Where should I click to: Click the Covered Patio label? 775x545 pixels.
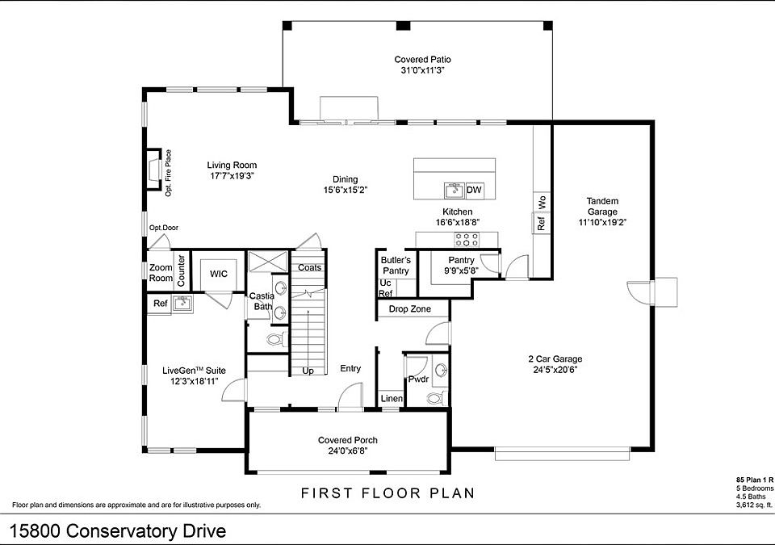click(x=422, y=60)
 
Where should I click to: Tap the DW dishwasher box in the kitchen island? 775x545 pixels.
click(x=474, y=190)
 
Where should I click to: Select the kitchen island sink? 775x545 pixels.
click(x=453, y=190)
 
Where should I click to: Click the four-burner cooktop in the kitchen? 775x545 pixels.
click(x=467, y=240)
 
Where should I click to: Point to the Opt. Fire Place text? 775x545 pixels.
click(x=169, y=173)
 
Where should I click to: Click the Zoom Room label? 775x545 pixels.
click(x=161, y=273)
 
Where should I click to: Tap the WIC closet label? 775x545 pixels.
click(x=219, y=274)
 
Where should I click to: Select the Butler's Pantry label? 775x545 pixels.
click(x=396, y=265)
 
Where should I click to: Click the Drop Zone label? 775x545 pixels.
click(x=410, y=309)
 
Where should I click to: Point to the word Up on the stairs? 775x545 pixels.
click(x=308, y=371)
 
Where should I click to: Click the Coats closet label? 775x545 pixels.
click(x=309, y=267)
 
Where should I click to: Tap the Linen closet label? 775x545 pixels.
click(x=392, y=398)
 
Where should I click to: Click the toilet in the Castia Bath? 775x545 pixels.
click(x=276, y=339)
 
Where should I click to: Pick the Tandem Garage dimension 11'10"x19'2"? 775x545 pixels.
click(x=602, y=223)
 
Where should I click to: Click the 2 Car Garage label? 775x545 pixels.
click(x=555, y=359)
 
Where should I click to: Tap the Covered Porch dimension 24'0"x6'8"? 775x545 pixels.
click(x=347, y=451)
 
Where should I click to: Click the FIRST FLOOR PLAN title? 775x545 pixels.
click(x=388, y=493)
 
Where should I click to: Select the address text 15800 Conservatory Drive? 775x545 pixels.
click(x=118, y=531)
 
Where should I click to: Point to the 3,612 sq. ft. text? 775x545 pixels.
click(x=754, y=505)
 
